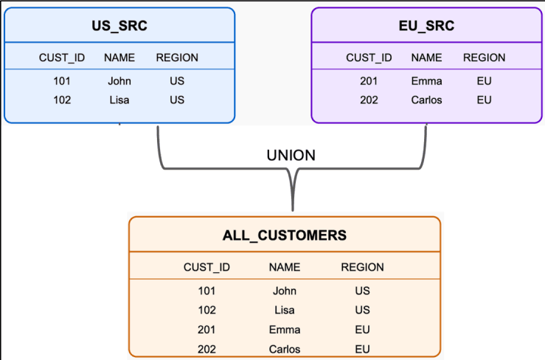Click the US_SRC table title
119,27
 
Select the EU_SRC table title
426,27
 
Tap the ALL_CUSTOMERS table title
284,235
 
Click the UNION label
291,156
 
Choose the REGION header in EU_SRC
484,58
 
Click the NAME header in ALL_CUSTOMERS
284,267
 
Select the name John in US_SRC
119,81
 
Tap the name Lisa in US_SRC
119,100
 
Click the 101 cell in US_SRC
62,81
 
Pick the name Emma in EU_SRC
426,81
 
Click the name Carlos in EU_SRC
426,100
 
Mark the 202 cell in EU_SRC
369,100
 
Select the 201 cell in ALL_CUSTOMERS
207,330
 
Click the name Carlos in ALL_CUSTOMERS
284,349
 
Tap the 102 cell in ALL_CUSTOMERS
207,311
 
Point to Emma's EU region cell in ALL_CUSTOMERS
362,330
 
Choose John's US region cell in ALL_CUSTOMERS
362,291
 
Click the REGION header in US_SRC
177,58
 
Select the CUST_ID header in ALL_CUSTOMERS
207,267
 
